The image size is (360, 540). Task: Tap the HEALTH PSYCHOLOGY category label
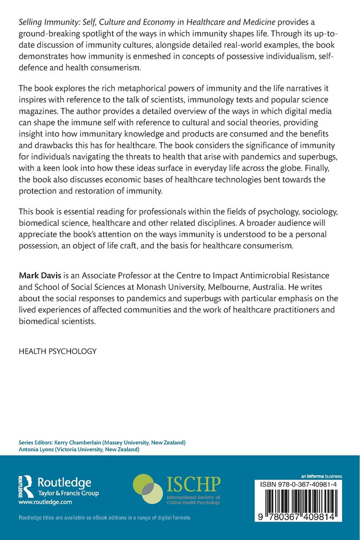[58, 351]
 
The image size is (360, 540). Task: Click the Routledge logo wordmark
[64, 482]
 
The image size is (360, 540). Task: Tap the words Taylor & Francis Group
[65, 494]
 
